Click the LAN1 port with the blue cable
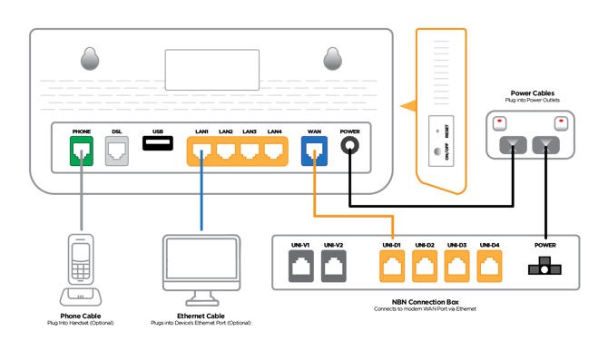[201, 151]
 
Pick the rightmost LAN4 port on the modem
[273, 151]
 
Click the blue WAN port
[314, 151]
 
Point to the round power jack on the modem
[349, 150]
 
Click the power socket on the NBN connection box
[544, 268]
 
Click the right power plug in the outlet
[544, 143]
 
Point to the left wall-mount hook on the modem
[88, 59]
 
